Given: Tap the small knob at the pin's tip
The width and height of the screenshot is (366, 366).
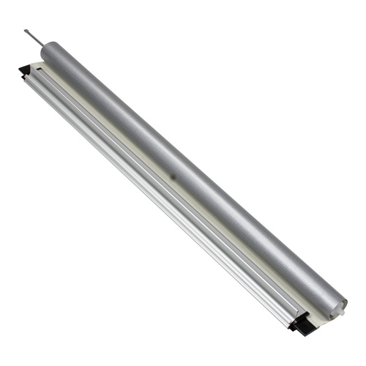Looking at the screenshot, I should tap(26, 31).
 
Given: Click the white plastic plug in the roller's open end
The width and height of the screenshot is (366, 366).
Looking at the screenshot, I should tap(341, 312).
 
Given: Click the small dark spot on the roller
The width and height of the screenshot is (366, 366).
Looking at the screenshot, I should tap(173, 176).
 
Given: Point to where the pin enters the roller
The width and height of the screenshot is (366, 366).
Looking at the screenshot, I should tap(41, 45).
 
